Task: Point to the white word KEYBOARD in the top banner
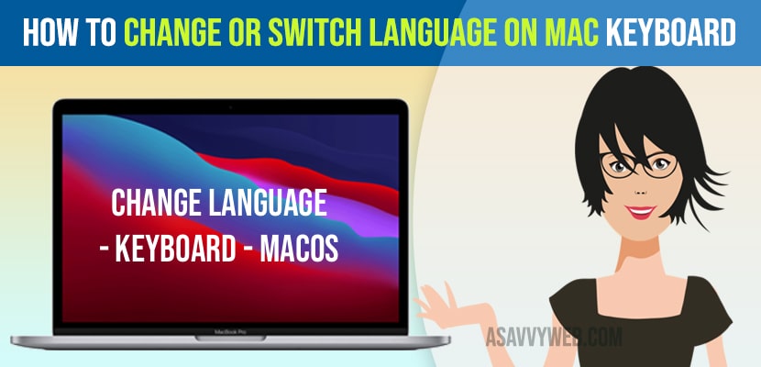(x=671, y=33)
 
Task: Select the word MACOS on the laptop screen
(x=299, y=249)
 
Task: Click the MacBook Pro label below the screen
(x=230, y=331)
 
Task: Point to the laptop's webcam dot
(x=230, y=106)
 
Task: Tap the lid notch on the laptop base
(x=230, y=338)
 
